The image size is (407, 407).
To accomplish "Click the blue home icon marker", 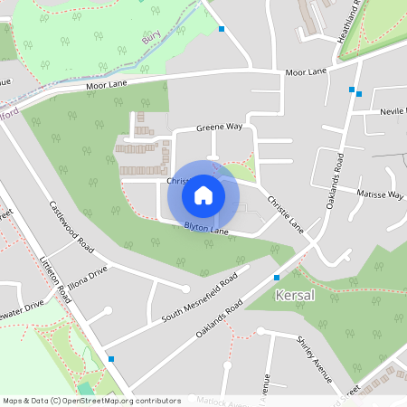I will click(203, 194).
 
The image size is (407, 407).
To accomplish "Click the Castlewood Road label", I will click(71, 226).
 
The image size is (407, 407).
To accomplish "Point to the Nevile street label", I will click(393, 110).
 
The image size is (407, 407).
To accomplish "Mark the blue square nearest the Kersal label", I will click(277, 277).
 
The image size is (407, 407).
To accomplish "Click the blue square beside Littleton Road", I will click(110, 359).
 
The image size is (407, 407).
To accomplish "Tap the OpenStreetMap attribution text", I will click(91, 400).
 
